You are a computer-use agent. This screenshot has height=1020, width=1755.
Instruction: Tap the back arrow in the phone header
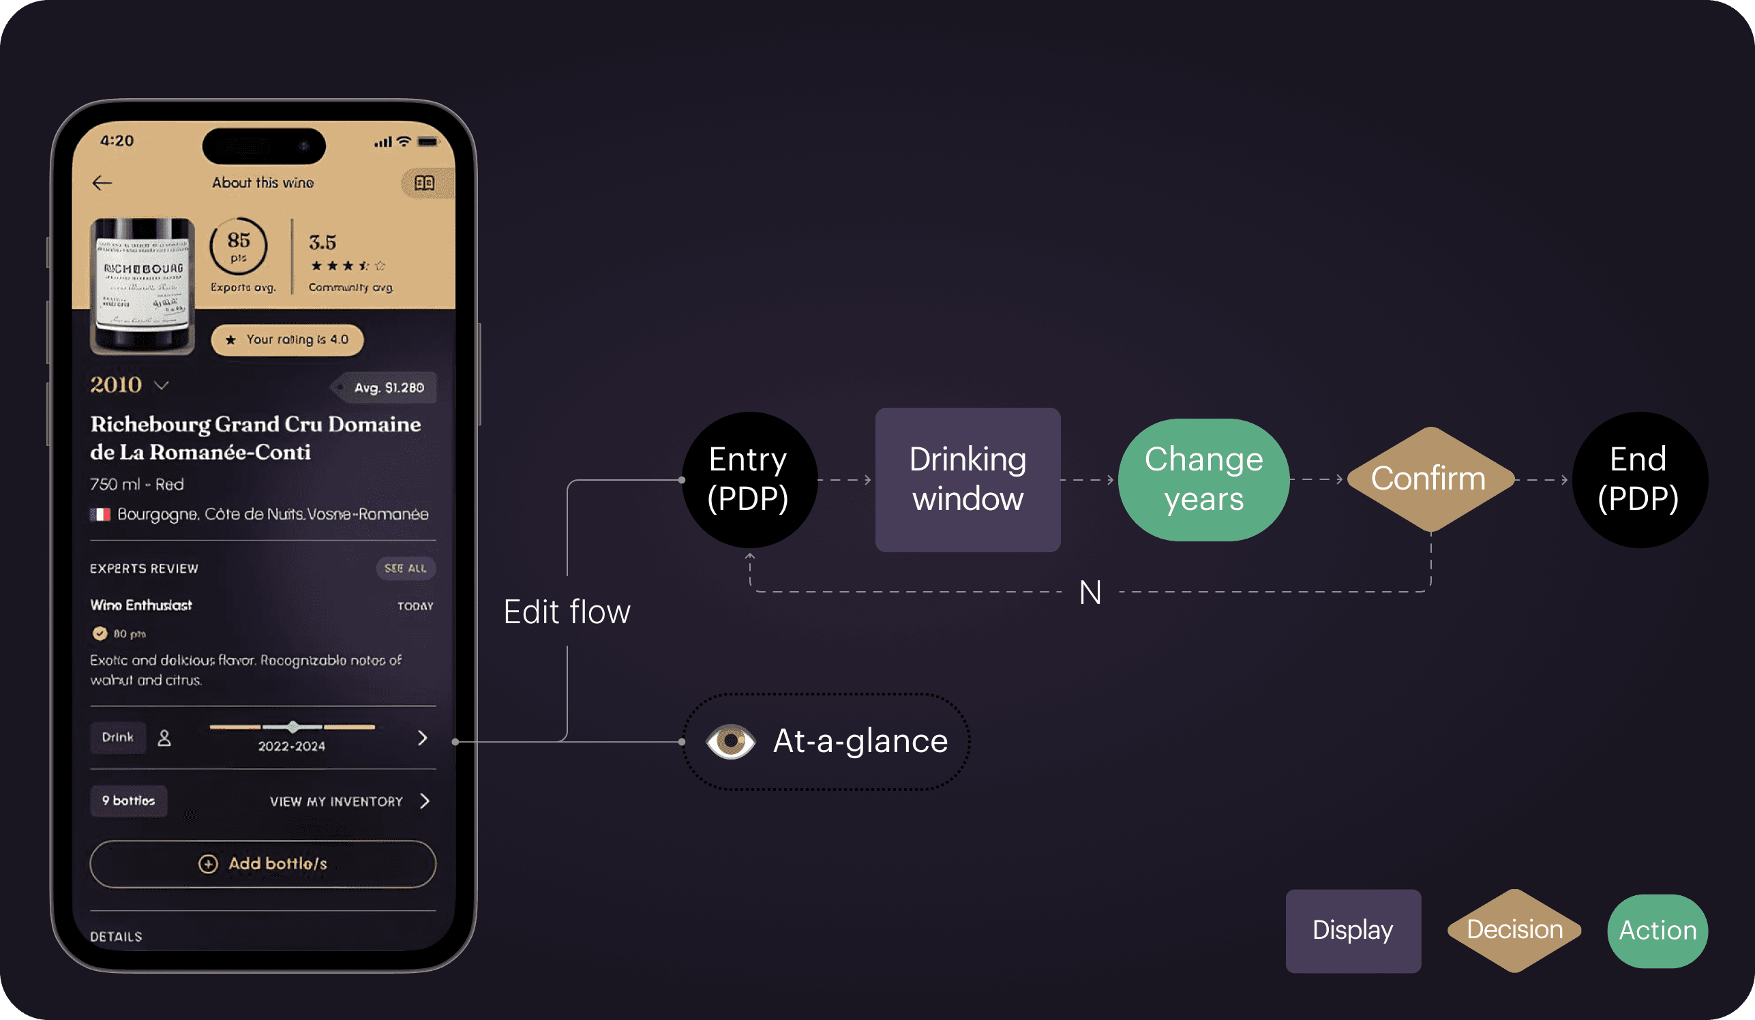point(102,183)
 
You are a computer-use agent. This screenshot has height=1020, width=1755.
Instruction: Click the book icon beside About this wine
point(424,183)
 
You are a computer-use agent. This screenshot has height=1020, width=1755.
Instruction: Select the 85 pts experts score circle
point(238,245)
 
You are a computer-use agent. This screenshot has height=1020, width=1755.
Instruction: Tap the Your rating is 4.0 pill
point(287,340)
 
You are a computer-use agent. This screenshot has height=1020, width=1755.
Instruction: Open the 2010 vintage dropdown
point(161,385)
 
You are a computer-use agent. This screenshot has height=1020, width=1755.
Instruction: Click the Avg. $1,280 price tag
point(387,388)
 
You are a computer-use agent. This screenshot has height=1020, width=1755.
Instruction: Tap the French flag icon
point(100,515)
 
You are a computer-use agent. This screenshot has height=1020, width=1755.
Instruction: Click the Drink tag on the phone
point(118,737)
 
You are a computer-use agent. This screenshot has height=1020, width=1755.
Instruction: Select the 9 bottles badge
point(129,800)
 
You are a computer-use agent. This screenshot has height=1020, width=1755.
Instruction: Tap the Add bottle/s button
point(263,863)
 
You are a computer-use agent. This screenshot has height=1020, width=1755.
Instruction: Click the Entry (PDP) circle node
point(749,480)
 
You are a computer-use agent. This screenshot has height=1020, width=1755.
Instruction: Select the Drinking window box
point(967,480)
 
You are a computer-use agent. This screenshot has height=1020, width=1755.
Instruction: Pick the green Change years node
point(1203,480)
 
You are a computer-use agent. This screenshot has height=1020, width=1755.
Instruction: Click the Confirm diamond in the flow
point(1430,479)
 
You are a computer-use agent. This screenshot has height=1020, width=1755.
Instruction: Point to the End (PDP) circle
point(1638,480)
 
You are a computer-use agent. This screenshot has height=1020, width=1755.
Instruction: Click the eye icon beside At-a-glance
point(730,741)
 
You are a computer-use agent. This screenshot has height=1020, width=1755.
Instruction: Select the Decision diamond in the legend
point(1514,930)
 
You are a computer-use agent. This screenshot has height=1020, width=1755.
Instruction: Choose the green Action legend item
point(1657,931)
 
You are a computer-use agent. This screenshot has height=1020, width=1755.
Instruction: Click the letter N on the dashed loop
point(1090,593)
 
